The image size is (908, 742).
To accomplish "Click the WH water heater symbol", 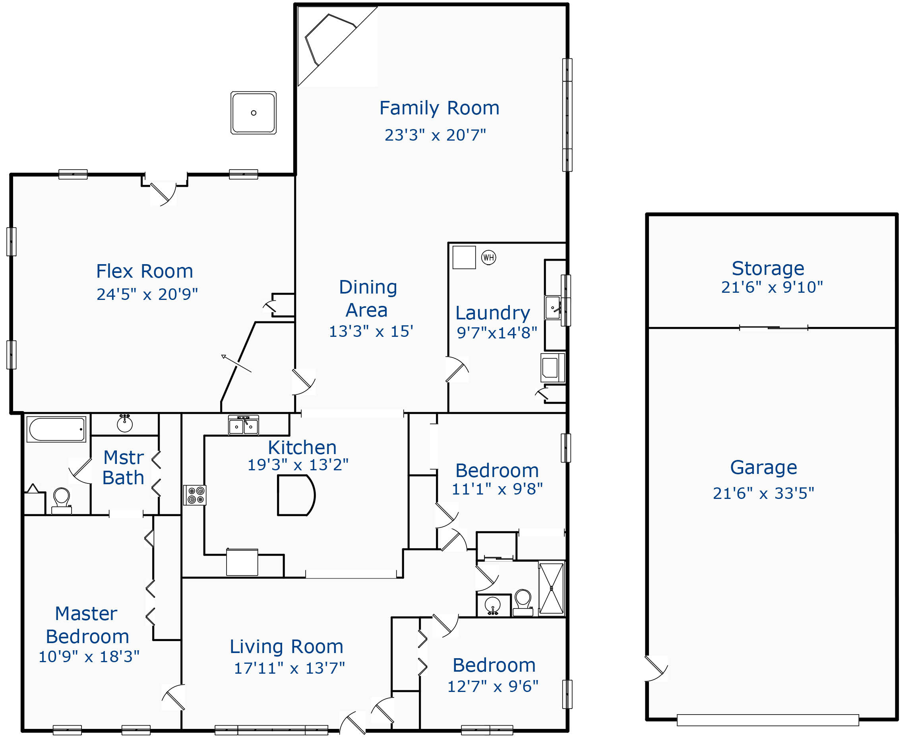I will click(x=488, y=257).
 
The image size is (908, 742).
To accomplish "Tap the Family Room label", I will click(x=439, y=108).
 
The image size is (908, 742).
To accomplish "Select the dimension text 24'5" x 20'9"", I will click(x=147, y=294).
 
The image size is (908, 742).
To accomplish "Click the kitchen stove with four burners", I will click(x=196, y=495).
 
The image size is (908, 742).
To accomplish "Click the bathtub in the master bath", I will click(x=56, y=429).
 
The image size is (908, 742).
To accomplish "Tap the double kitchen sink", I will click(x=243, y=426).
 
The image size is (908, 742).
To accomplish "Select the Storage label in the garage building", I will click(x=768, y=269).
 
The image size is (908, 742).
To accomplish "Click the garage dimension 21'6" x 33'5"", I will click(x=763, y=493).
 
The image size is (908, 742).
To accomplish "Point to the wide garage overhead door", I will click(x=768, y=720).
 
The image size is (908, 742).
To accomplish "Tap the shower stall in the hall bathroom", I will click(x=551, y=588).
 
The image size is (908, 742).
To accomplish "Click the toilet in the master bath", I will click(x=62, y=500).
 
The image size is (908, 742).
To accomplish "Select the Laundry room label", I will click(x=492, y=313).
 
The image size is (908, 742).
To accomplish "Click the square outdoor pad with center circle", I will click(x=254, y=113).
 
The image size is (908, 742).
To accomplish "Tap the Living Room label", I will click(x=287, y=647).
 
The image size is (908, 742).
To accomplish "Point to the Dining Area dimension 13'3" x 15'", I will click(x=371, y=332).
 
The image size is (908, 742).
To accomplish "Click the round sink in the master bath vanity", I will click(x=124, y=424).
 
